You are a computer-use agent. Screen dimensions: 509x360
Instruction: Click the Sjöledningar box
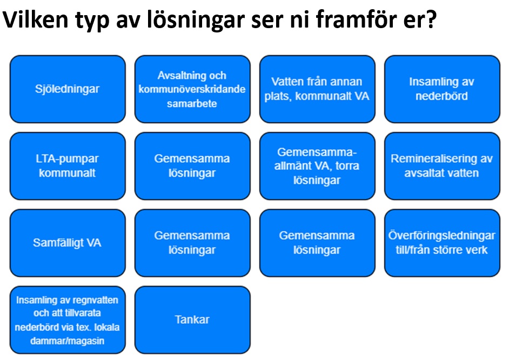(68, 89)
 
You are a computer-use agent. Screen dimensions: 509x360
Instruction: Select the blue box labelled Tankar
(192, 320)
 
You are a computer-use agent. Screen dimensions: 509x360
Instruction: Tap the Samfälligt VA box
(68, 243)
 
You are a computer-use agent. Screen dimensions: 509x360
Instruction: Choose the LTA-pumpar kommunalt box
(68, 166)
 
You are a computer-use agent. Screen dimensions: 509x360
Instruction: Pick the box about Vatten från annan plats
(317, 89)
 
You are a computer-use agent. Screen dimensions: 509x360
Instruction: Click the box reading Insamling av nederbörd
(442, 89)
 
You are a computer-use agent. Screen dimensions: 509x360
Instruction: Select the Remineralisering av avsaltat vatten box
(442, 166)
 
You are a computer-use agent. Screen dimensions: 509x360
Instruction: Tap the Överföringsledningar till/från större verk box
(442, 243)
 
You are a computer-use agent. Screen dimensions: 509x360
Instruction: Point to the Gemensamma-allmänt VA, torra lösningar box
(317, 166)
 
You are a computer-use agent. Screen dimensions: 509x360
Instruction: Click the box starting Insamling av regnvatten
(68, 320)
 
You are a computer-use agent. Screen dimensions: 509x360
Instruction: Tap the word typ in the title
(92, 21)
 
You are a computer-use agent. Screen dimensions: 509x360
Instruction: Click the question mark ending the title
(431, 19)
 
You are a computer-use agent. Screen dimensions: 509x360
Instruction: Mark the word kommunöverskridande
(192, 89)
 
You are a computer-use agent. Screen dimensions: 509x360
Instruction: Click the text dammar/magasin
(67, 341)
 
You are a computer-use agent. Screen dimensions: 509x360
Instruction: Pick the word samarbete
(192, 104)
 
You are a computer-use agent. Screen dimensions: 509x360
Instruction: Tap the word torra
(347, 166)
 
